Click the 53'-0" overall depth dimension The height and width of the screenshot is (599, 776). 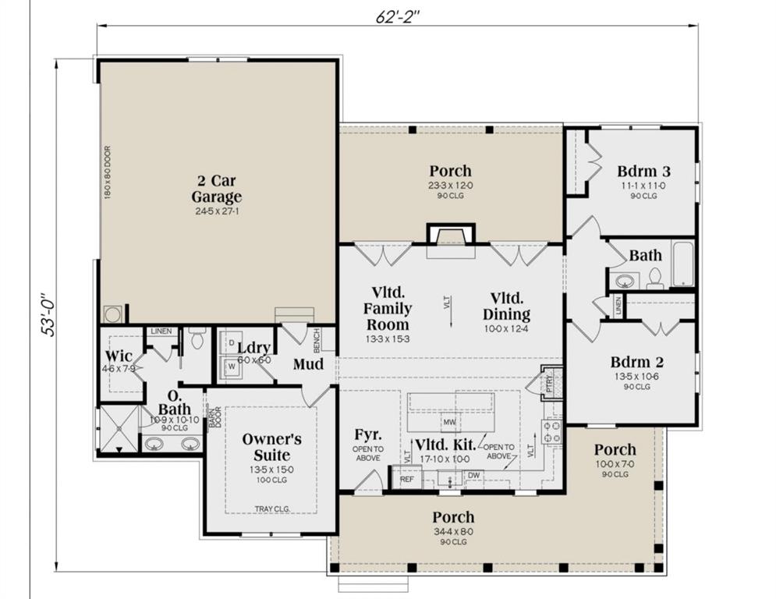(49, 311)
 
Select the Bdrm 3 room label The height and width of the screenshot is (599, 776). (643, 171)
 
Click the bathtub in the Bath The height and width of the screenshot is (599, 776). (683, 264)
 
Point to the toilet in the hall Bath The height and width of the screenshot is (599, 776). (654, 278)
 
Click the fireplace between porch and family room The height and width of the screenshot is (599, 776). (450, 235)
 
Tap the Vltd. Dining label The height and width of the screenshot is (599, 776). (510, 307)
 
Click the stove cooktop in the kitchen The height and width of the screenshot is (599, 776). (552, 431)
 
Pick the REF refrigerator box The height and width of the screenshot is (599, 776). (406, 480)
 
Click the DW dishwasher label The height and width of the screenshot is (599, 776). (473, 475)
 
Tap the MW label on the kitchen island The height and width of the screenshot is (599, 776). (448, 423)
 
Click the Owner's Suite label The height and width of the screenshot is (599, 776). (266, 446)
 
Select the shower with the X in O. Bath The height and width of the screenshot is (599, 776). (117, 428)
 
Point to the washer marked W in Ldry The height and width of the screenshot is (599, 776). (231, 365)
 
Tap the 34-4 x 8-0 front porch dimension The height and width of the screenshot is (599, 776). (453, 532)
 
